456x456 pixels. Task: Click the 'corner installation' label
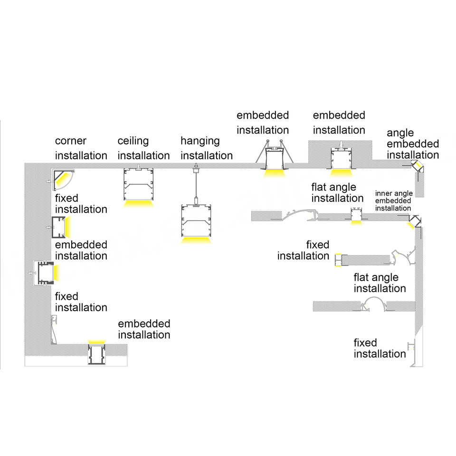tap(81, 148)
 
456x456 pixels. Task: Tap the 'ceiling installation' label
tap(143, 148)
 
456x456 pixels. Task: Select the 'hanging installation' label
tap(206, 148)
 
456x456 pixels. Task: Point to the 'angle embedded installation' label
tap(412, 144)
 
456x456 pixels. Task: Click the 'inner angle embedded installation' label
tap(393, 201)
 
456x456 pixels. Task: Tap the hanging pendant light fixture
tap(195, 220)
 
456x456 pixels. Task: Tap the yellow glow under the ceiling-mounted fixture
tap(139, 204)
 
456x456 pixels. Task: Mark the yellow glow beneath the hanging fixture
tap(195, 240)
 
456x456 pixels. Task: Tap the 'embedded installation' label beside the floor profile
tap(144, 329)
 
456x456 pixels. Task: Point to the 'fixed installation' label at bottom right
tap(380, 348)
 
